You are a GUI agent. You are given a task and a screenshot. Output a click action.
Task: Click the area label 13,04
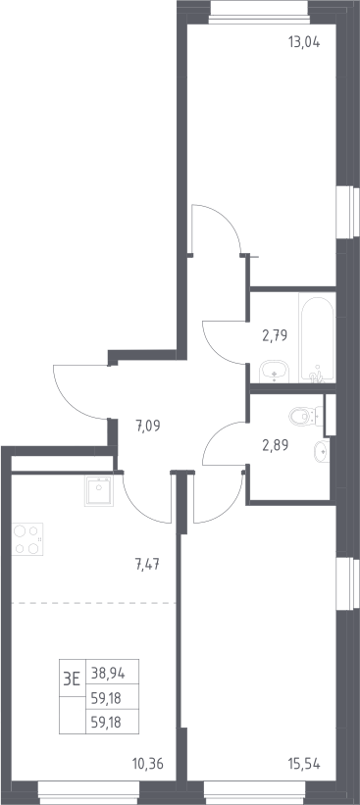click(304, 42)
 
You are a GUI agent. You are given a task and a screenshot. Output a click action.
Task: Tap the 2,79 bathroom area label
click(275, 335)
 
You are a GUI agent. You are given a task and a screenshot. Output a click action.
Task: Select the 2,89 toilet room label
click(276, 444)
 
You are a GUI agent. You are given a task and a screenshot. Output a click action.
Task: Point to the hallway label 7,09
click(148, 426)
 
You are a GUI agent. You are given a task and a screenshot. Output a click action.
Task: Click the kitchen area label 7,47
click(147, 566)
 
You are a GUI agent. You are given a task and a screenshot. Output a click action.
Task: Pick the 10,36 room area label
click(148, 765)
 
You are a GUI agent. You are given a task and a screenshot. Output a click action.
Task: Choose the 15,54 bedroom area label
click(304, 765)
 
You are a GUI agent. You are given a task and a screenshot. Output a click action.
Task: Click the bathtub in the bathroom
click(318, 340)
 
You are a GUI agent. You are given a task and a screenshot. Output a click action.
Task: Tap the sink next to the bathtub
click(275, 372)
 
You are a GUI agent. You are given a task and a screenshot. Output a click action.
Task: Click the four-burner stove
click(27, 539)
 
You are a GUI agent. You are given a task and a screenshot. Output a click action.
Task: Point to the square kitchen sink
click(99, 491)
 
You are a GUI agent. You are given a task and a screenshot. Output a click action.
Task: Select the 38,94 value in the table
click(108, 672)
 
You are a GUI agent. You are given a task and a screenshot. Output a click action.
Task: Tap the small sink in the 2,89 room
click(321, 451)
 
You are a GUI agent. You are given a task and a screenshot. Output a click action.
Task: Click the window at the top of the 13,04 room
click(259, 13)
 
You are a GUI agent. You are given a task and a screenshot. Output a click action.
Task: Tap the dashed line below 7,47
click(93, 603)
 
